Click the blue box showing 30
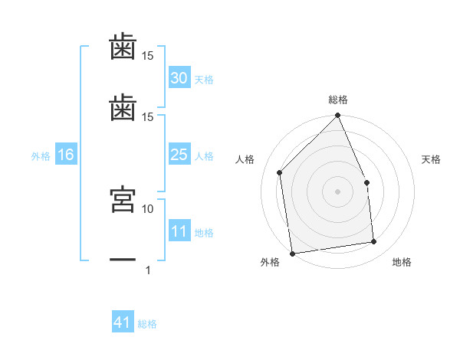[179, 77]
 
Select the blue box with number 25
[179, 154]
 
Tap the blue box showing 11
[179, 230]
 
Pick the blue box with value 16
[66, 154]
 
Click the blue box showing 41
[123, 321]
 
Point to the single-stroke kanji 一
[123, 260]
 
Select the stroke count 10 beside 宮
[147, 209]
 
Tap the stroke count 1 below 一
[148, 270]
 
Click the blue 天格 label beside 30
[204, 80]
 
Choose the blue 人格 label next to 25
[204, 156]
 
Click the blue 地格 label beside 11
[204, 233]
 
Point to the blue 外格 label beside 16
[41, 156]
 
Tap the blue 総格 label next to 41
[147, 324]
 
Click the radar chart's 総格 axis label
[338, 100]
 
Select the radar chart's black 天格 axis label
[431, 159]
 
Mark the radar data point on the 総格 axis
[337, 115]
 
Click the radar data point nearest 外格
[292, 254]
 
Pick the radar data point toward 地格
[374, 241]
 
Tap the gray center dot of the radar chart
[337, 191]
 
